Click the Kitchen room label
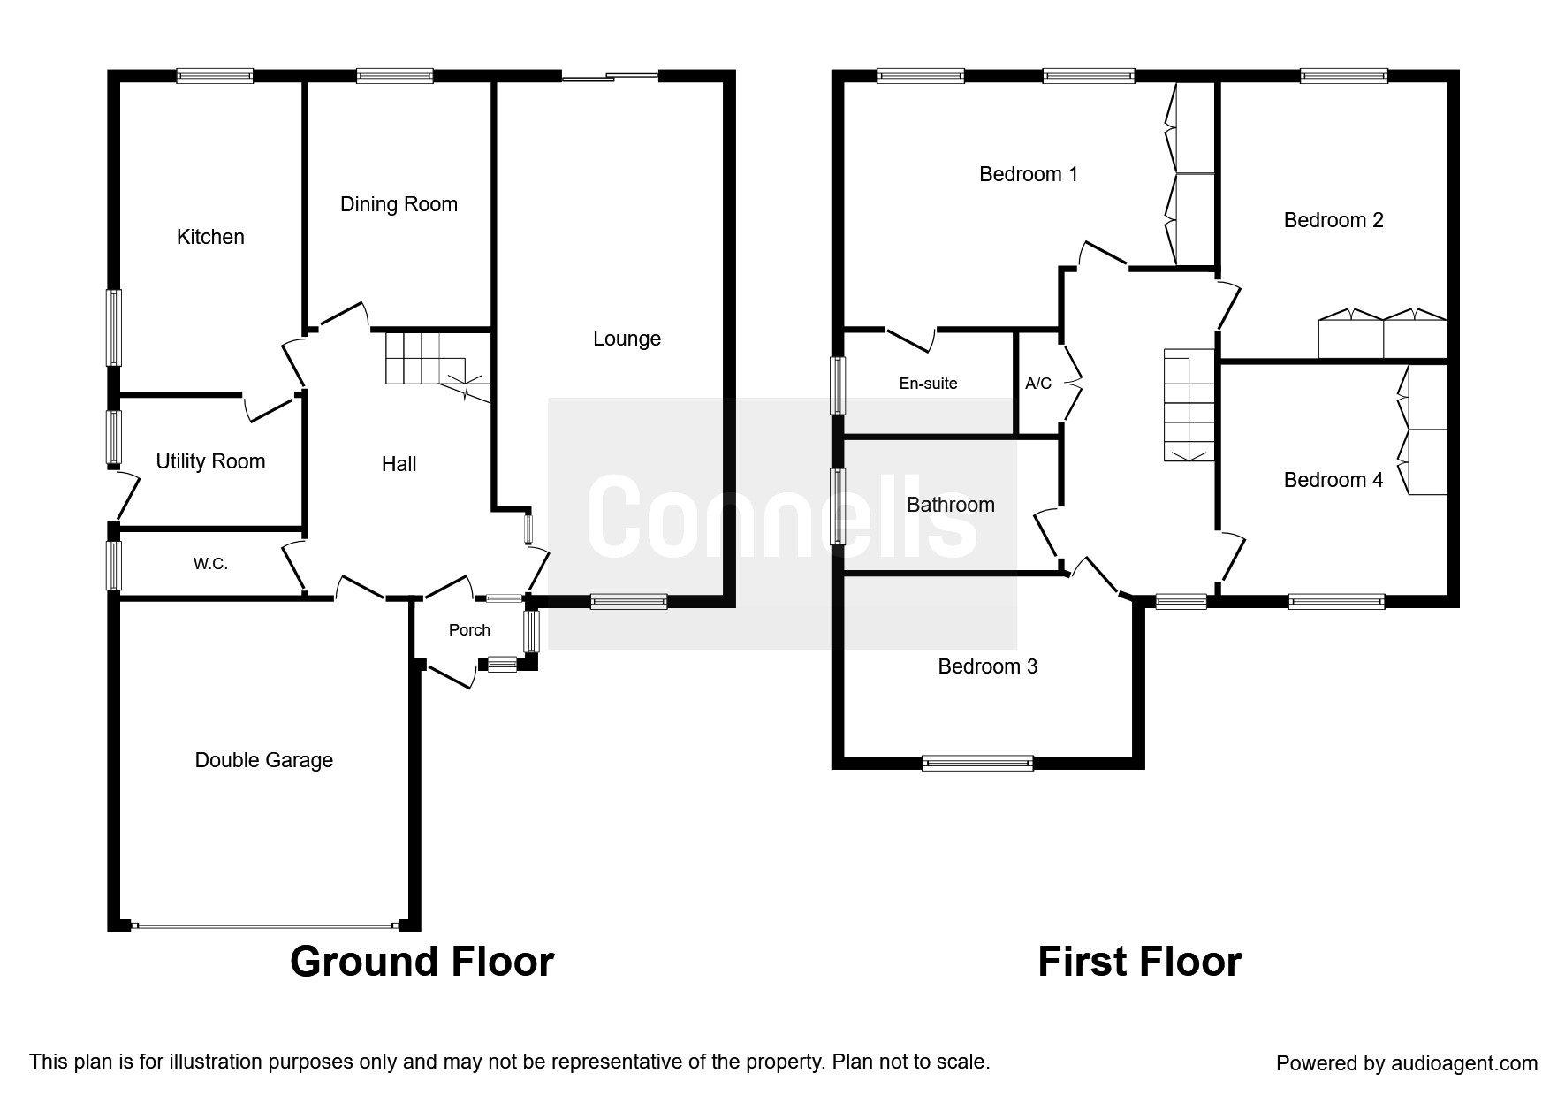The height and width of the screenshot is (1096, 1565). point(210,237)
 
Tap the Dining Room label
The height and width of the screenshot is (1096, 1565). point(399,204)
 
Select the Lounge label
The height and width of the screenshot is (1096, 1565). point(627,339)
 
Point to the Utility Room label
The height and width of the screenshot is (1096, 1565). point(210,461)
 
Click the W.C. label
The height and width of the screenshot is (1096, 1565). point(210,564)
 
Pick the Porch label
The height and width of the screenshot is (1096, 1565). point(469,630)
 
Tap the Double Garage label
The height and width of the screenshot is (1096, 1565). point(263,760)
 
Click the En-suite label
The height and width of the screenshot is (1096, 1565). point(928,384)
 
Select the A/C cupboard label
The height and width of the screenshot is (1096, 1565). point(1038,384)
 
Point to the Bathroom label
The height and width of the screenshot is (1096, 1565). point(951,505)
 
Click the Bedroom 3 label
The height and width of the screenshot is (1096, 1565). point(987,666)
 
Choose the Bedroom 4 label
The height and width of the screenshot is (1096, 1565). point(1333,480)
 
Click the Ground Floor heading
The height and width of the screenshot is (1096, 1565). point(422,962)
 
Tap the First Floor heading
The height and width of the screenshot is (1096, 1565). point(1139,962)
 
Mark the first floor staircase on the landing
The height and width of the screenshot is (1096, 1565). point(1189,405)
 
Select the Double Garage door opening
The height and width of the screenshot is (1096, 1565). point(264,925)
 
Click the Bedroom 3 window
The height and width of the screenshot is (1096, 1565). point(977,763)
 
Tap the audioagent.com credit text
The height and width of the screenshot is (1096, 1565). point(1407,1063)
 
